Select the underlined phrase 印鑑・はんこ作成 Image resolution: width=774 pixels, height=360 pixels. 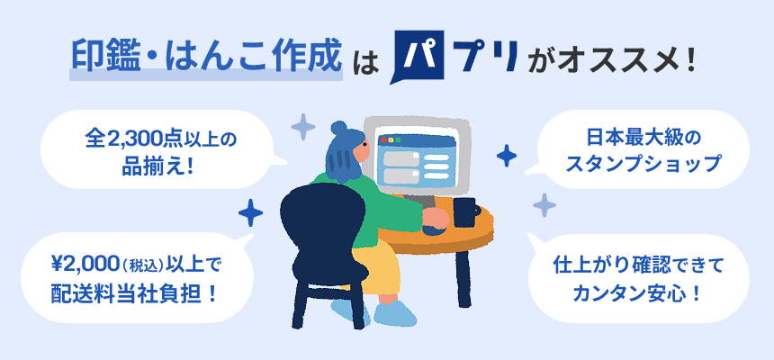tap(206, 58)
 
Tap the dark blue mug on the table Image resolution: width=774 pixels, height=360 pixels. tap(465, 214)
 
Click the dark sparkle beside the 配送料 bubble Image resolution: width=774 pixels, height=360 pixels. tap(250, 213)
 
